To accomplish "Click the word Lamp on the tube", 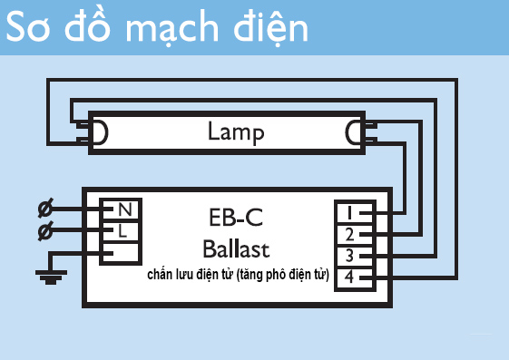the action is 236,133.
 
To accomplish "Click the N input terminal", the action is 123,210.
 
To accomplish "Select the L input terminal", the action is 123,230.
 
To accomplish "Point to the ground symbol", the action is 45,273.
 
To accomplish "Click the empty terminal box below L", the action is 119,251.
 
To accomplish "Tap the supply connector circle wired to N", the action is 44,209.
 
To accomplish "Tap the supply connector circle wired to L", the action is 44,232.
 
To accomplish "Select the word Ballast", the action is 236,248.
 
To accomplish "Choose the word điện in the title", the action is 264,29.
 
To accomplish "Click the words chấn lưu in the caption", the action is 175,273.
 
